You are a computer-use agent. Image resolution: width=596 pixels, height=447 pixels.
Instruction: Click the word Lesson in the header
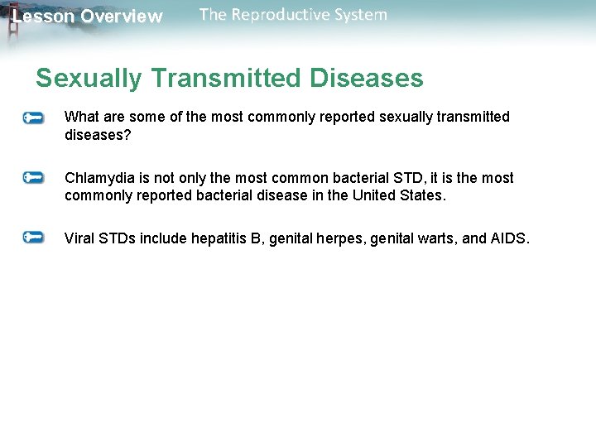(42, 17)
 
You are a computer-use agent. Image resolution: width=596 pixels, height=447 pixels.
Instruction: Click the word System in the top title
(358, 15)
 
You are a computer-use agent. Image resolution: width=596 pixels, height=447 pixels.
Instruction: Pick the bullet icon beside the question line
(33, 118)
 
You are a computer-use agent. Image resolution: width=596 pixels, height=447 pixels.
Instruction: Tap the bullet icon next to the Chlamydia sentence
(33, 177)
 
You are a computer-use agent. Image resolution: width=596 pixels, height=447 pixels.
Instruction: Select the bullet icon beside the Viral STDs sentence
(33, 238)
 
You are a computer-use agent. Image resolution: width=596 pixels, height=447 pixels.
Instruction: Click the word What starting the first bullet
(81, 117)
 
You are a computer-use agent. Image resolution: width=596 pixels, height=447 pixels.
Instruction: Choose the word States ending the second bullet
(423, 195)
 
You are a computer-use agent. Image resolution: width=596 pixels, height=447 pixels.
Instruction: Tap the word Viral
(79, 238)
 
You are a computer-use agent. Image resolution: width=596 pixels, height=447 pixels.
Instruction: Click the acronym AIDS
(508, 238)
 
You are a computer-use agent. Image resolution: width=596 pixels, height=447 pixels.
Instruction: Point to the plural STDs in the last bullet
(117, 238)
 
